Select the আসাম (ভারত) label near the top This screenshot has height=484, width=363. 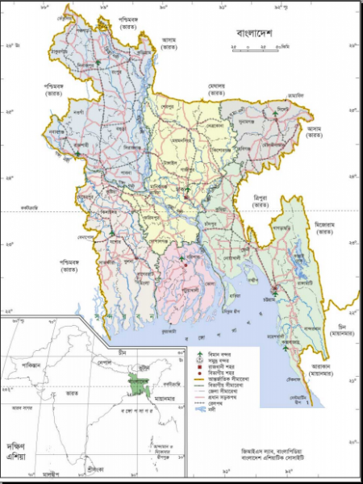tap(169, 41)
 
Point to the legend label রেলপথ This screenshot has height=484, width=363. tap(220, 403)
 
